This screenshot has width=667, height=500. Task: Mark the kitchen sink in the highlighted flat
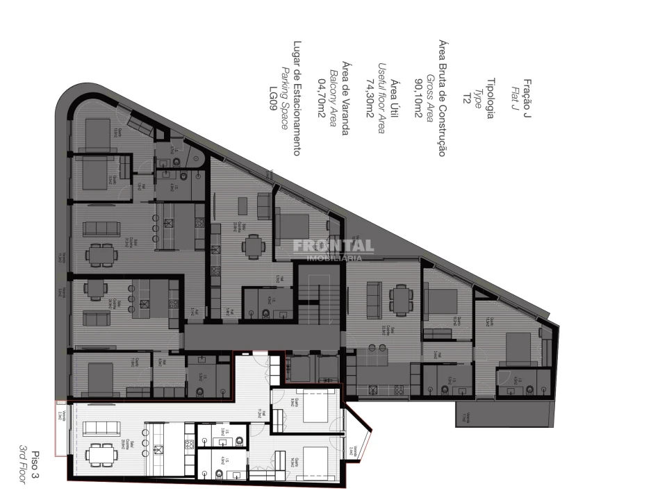tap(158, 450)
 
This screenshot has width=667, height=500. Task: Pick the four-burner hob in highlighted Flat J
tap(188, 443)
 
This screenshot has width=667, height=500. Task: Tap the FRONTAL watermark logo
tap(333, 246)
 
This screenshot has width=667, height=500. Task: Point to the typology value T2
tap(468, 98)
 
